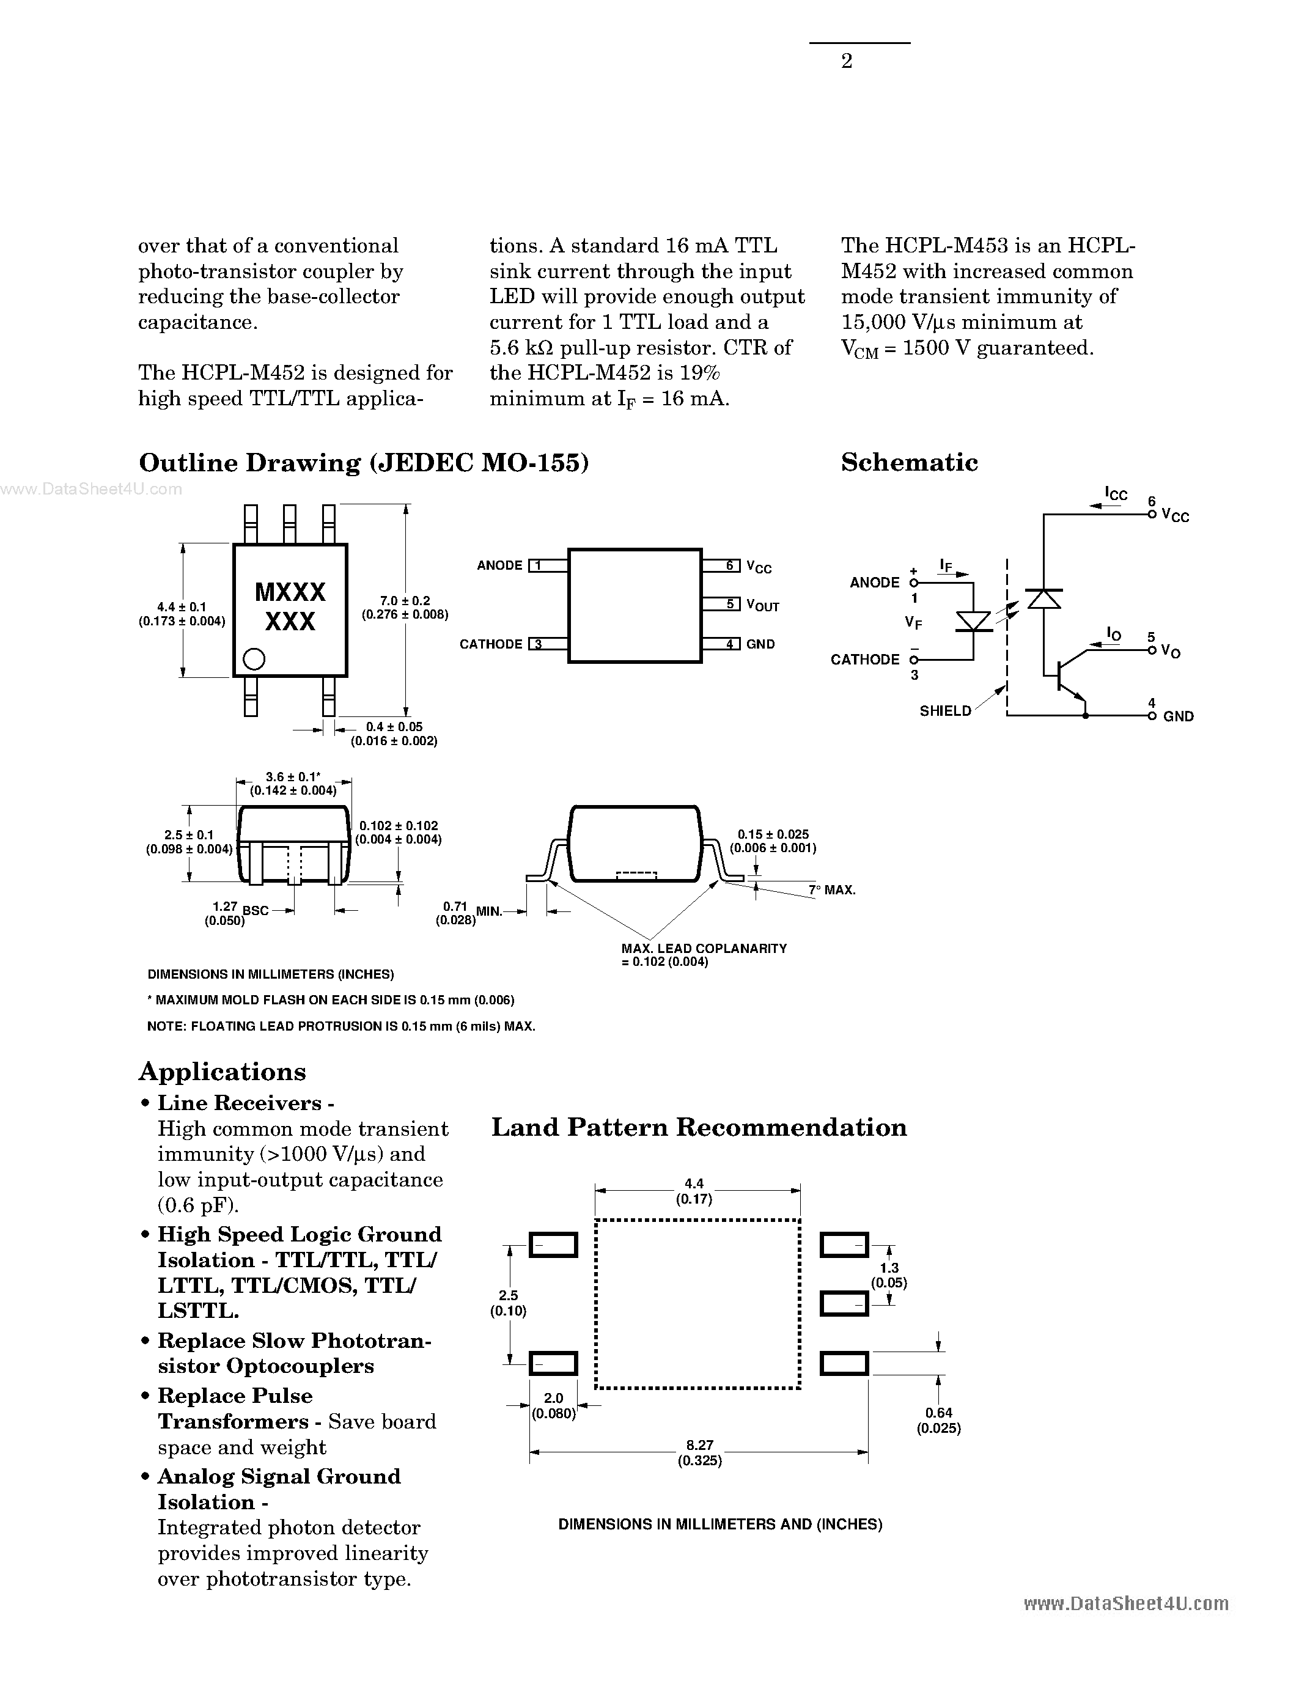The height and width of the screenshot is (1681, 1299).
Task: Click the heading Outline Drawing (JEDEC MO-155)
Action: pos(363,463)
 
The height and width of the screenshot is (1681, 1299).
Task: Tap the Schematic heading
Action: pos(909,463)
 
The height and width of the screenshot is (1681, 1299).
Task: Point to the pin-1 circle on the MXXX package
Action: pos(253,659)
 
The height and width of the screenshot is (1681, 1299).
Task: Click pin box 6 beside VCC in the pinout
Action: pos(730,565)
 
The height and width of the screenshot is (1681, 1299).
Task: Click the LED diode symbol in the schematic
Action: pos(973,620)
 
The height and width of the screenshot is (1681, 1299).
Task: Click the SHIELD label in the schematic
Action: pos(945,711)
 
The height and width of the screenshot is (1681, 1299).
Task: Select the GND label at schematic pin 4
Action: pos(1177,716)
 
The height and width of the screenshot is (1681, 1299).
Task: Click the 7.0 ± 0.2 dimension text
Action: pos(405,601)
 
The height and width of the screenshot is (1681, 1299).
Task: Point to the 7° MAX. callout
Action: pos(832,890)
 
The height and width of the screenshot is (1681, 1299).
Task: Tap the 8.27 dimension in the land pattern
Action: pos(699,1446)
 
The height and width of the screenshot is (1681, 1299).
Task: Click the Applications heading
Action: pos(223,1072)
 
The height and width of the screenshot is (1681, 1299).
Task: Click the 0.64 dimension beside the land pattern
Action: pos(938,1413)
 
